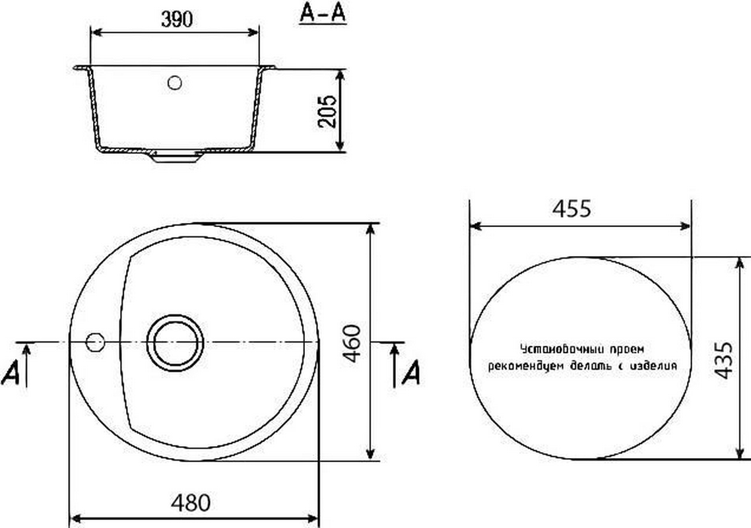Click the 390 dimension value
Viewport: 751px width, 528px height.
pyautogui.click(x=177, y=19)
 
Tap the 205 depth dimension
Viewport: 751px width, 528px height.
pyautogui.click(x=327, y=111)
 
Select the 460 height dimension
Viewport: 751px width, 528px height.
pyautogui.click(x=352, y=343)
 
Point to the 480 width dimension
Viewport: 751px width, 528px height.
pyautogui.click(x=191, y=503)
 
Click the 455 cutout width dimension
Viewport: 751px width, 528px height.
pyautogui.click(x=571, y=209)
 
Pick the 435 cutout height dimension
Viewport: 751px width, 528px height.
pyautogui.click(x=724, y=360)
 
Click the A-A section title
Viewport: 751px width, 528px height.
pyautogui.click(x=322, y=13)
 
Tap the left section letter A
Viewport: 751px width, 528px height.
pyautogui.click(x=11, y=374)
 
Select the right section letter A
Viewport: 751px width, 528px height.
pyautogui.click(x=411, y=372)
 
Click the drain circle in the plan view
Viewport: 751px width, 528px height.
pyautogui.click(x=175, y=343)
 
